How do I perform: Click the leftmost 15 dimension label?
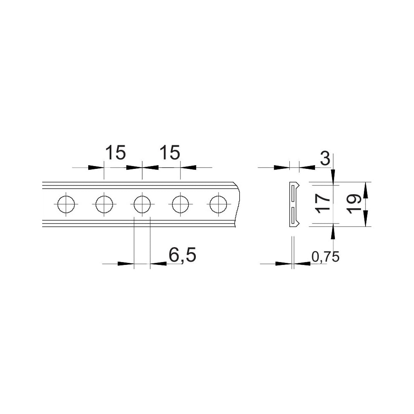click(x=116, y=152)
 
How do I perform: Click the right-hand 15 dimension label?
click(x=170, y=152)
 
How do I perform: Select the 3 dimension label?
click(x=325, y=159)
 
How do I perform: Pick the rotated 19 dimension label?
click(x=354, y=204)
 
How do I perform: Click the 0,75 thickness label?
click(x=325, y=257)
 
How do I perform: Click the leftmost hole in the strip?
click(x=66, y=205)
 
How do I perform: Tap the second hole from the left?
click(x=104, y=205)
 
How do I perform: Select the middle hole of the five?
click(x=142, y=205)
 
